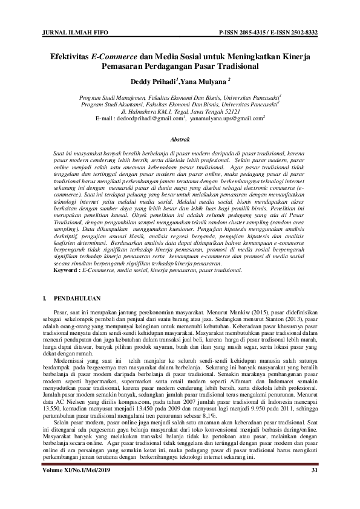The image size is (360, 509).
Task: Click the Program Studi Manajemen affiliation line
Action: tap(180, 97)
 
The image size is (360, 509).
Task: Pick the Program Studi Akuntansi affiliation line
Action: tap(180, 104)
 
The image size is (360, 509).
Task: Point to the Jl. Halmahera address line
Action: tap(180, 111)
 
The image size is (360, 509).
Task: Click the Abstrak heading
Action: tap(180, 140)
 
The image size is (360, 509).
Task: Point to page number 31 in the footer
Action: tap(314, 470)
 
